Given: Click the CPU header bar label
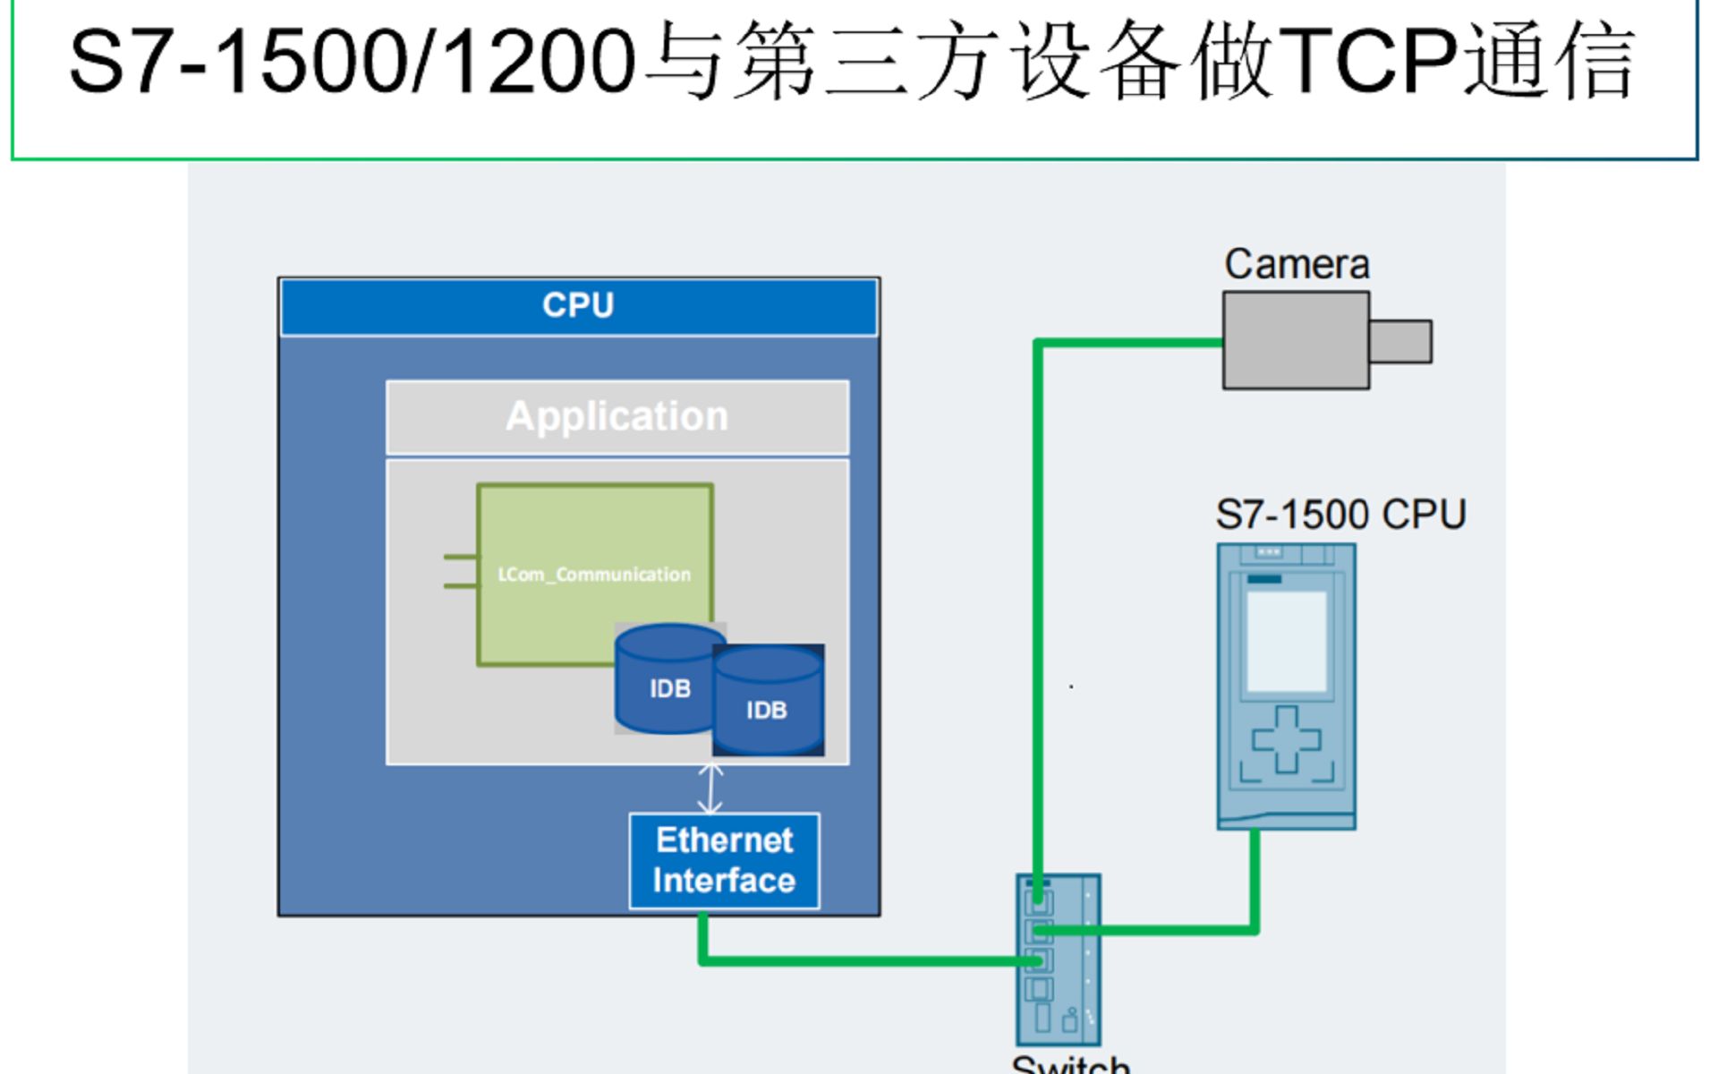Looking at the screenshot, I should (578, 305).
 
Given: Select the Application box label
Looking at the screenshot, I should (617, 417).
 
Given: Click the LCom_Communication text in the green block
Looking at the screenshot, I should (594, 575).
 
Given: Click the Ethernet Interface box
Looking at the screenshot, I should (724, 860).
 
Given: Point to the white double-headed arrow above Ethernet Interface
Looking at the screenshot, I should (710, 788).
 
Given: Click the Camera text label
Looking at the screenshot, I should (1297, 264).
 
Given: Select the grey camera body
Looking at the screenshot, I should (1296, 341).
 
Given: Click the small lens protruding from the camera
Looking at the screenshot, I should (1400, 341).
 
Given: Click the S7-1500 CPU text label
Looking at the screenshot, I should (1340, 515).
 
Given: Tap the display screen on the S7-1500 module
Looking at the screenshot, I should (1287, 641).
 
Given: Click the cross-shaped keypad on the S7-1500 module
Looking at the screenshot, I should (1287, 739).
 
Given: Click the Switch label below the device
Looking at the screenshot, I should (1070, 1064).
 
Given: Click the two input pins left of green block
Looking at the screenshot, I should (460, 571).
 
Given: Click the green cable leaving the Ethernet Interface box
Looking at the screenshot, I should (703, 940).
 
